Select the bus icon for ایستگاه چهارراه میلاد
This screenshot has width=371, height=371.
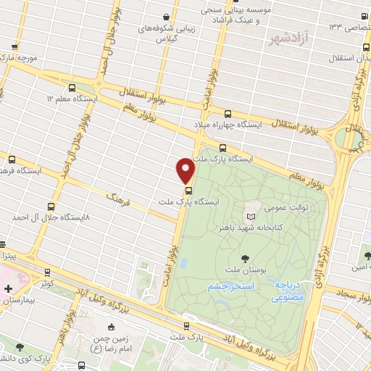point(228,113)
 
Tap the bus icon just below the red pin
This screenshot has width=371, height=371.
point(189,191)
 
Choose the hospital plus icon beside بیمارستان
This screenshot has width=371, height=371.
point(8,288)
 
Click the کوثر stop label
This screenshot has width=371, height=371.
point(46,284)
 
